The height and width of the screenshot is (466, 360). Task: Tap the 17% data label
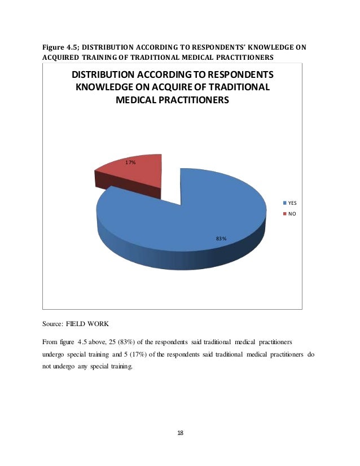click(130, 162)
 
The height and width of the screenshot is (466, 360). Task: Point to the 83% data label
click(221, 239)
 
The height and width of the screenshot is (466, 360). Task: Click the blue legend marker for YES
click(284, 202)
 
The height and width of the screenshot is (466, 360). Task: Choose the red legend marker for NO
click(284, 214)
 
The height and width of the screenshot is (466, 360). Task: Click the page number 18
click(180, 432)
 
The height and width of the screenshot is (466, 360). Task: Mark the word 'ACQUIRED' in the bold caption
click(62, 57)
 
